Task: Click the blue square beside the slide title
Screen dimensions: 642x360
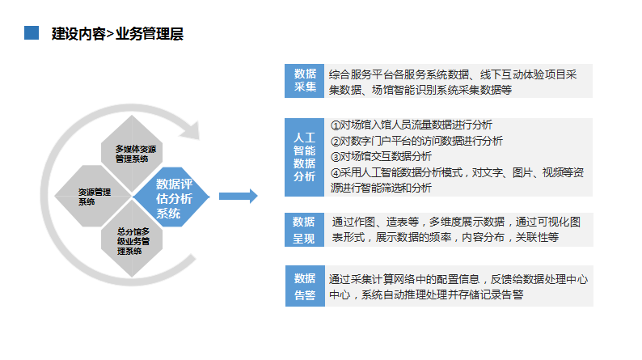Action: point(32,33)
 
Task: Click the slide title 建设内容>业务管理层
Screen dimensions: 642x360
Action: point(117,34)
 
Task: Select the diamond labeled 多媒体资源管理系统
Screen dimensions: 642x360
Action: point(132,153)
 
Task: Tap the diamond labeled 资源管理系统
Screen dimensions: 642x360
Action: point(93,196)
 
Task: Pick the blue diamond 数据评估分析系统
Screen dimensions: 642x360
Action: point(171,197)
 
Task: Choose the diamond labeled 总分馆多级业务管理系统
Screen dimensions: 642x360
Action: point(132,240)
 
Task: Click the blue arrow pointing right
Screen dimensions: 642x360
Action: point(239,196)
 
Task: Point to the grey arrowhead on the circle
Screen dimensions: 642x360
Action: point(190,130)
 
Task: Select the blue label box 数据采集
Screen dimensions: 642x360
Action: point(304,81)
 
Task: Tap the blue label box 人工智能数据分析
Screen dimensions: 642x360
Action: point(304,157)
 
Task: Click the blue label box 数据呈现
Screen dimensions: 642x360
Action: point(304,230)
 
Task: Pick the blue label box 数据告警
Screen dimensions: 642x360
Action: point(305,286)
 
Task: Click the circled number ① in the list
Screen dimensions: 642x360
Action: point(336,125)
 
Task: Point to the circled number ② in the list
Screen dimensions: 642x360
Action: point(336,142)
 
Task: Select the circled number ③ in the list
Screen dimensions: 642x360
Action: point(336,157)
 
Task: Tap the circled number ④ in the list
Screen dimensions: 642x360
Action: point(336,173)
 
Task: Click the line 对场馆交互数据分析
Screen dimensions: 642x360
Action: point(386,156)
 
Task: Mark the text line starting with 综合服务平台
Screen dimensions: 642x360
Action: point(453,74)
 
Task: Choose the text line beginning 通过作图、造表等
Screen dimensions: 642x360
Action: point(456,222)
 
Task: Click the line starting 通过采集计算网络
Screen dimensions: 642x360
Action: point(458,279)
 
